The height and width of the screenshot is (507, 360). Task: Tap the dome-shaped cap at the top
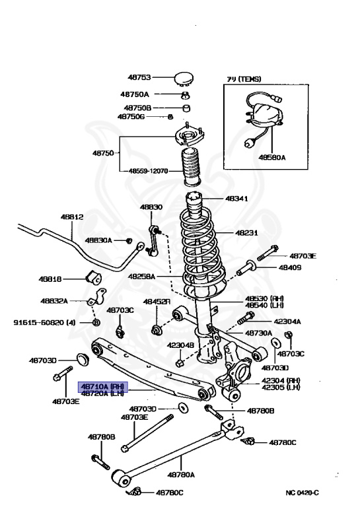point(183,79)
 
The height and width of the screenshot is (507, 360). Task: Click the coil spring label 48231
point(248,233)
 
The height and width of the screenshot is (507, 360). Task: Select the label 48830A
point(98,240)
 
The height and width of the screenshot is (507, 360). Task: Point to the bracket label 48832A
point(54,300)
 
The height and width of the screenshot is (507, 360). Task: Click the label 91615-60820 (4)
point(44,323)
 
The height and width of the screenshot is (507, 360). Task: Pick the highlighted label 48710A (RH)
point(102,386)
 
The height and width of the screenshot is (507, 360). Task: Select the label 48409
point(289,268)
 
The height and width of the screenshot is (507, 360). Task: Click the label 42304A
point(287,321)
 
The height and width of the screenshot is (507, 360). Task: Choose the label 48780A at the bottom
point(180,474)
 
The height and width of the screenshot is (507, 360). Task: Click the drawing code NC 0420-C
point(302,492)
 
